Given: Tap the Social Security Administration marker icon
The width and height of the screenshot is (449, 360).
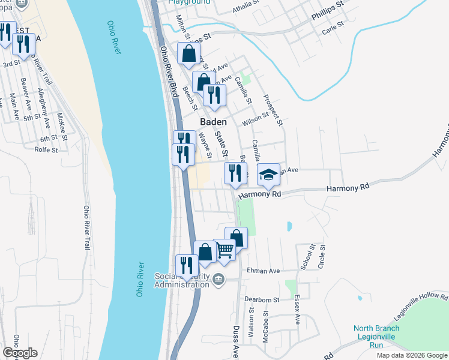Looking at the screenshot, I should pos(218,280).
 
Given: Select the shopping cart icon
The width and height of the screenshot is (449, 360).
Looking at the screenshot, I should pos(224,249).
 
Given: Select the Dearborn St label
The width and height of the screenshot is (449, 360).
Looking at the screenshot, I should pos(262,299).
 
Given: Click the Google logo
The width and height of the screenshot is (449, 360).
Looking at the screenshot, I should pos(20,353).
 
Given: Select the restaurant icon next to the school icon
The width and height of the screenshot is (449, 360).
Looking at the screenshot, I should pos(235,173).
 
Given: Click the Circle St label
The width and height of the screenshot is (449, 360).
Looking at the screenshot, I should pos(322,256).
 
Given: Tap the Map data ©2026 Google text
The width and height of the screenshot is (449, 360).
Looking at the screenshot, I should pos(411,355).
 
